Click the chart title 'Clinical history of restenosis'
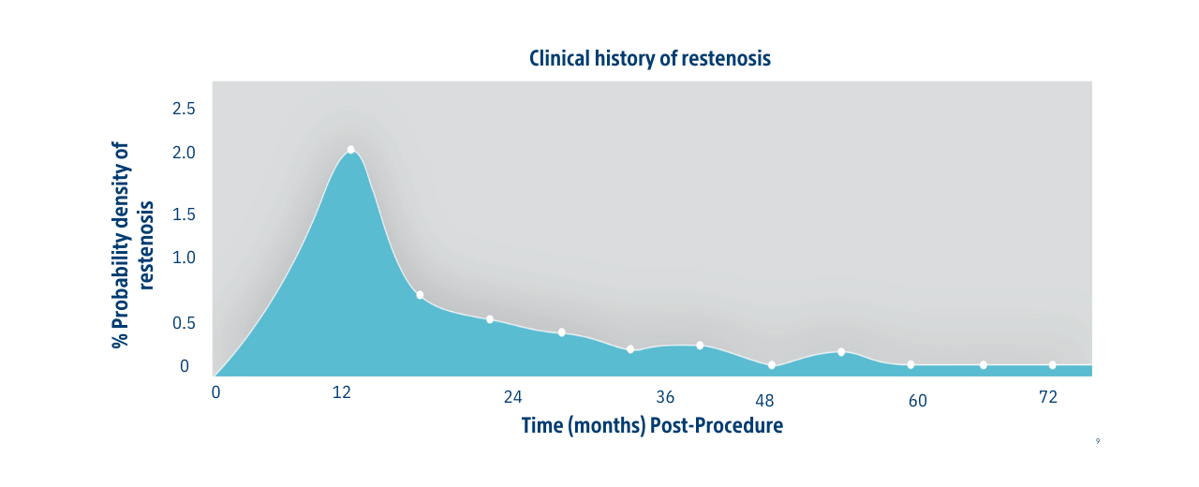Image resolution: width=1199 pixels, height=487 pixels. coord(649,58)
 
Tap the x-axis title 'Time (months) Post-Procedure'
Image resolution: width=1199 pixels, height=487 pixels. coord(652,426)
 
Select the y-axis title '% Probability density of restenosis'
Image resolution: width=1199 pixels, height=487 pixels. coord(131,245)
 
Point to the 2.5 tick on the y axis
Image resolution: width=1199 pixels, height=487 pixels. coord(184,109)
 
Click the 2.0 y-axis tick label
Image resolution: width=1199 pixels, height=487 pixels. coord(184,153)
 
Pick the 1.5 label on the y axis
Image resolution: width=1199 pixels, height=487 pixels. coord(184,214)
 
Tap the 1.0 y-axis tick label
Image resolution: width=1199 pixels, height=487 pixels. coord(184,258)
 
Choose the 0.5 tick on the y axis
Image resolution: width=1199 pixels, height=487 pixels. coord(184,323)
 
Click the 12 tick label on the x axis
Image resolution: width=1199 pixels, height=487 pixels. coord(342,392)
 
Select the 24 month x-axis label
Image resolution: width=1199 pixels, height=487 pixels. coord(512,397)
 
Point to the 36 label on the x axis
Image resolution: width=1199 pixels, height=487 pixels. coord(665,396)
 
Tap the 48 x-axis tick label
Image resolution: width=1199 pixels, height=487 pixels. coord(764,401)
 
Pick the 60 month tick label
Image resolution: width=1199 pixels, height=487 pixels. coord(917,401)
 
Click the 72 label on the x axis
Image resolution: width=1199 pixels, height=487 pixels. coord(1048,397)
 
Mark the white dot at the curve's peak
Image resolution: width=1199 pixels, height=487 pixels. coord(350,150)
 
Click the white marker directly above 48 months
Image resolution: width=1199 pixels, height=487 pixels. coord(772,365)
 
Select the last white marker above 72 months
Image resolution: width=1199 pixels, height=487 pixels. coord(1053,365)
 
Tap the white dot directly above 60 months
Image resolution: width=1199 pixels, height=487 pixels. coord(910,364)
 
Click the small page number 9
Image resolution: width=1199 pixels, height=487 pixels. coord(1097,441)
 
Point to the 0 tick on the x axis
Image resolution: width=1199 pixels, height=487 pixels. coord(215,392)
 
